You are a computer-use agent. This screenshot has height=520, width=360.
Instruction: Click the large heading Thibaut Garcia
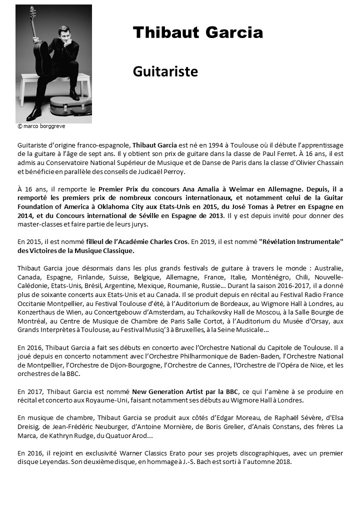point(197,33)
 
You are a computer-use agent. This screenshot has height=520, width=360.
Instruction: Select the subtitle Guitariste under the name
point(165,71)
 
